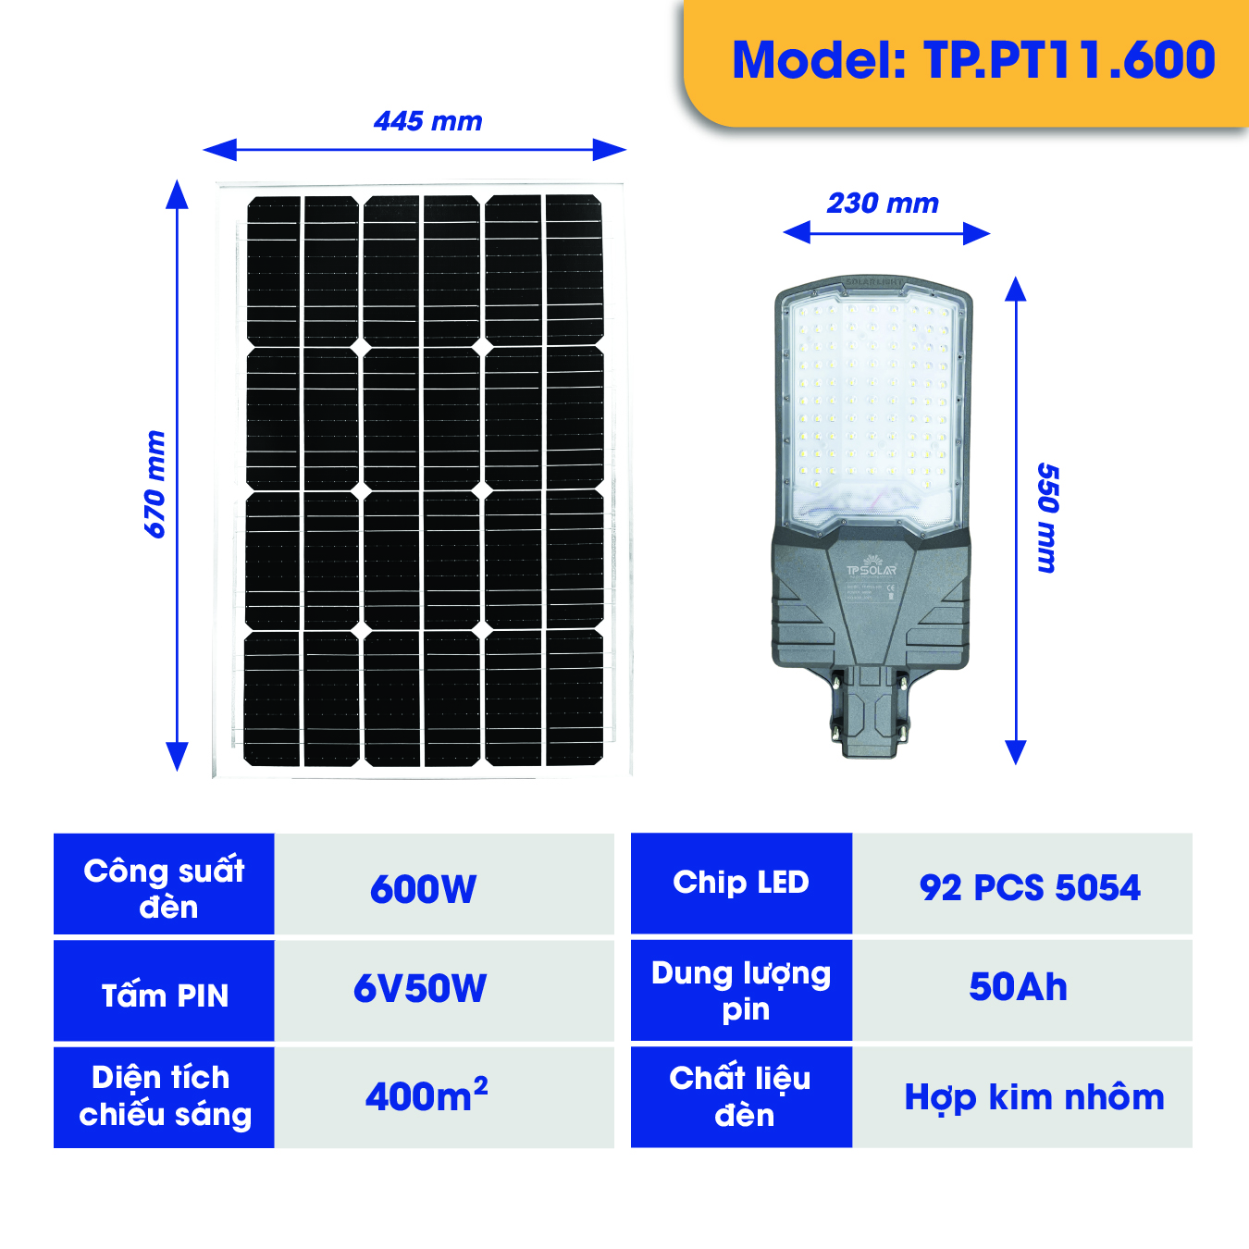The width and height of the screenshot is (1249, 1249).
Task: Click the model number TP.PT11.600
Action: (1069, 60)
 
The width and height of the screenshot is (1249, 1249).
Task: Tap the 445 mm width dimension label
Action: (427, 121)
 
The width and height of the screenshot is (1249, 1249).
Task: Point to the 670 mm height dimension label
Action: (155, 484)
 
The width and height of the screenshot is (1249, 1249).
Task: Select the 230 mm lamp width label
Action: (883, 204)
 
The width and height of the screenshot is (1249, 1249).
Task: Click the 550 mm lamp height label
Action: (1046, 518)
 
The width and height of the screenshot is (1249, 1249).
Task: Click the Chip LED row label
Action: (740, 883)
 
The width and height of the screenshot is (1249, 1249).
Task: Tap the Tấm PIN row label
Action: (165, 995)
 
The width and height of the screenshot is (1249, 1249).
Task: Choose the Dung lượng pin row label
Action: (741, 990)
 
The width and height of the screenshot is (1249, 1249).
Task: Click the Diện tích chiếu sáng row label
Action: (165, 1096)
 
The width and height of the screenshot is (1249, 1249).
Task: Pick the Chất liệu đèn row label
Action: (741, 1096)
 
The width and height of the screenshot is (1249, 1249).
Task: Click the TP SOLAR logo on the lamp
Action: (871, 567)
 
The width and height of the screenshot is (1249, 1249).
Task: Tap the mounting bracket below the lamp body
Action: (870, 712)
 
